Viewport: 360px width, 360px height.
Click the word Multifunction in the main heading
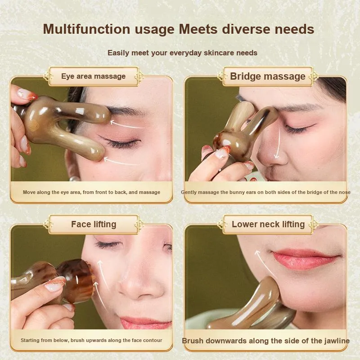click(86, 29)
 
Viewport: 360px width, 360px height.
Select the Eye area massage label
click(94, 76)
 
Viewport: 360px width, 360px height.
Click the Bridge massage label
click(268, 76)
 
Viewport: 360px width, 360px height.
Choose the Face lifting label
click(94, 224)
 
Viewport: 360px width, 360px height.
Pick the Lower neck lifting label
click(268, 224)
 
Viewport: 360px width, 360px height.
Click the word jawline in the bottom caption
click(337, 341)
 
